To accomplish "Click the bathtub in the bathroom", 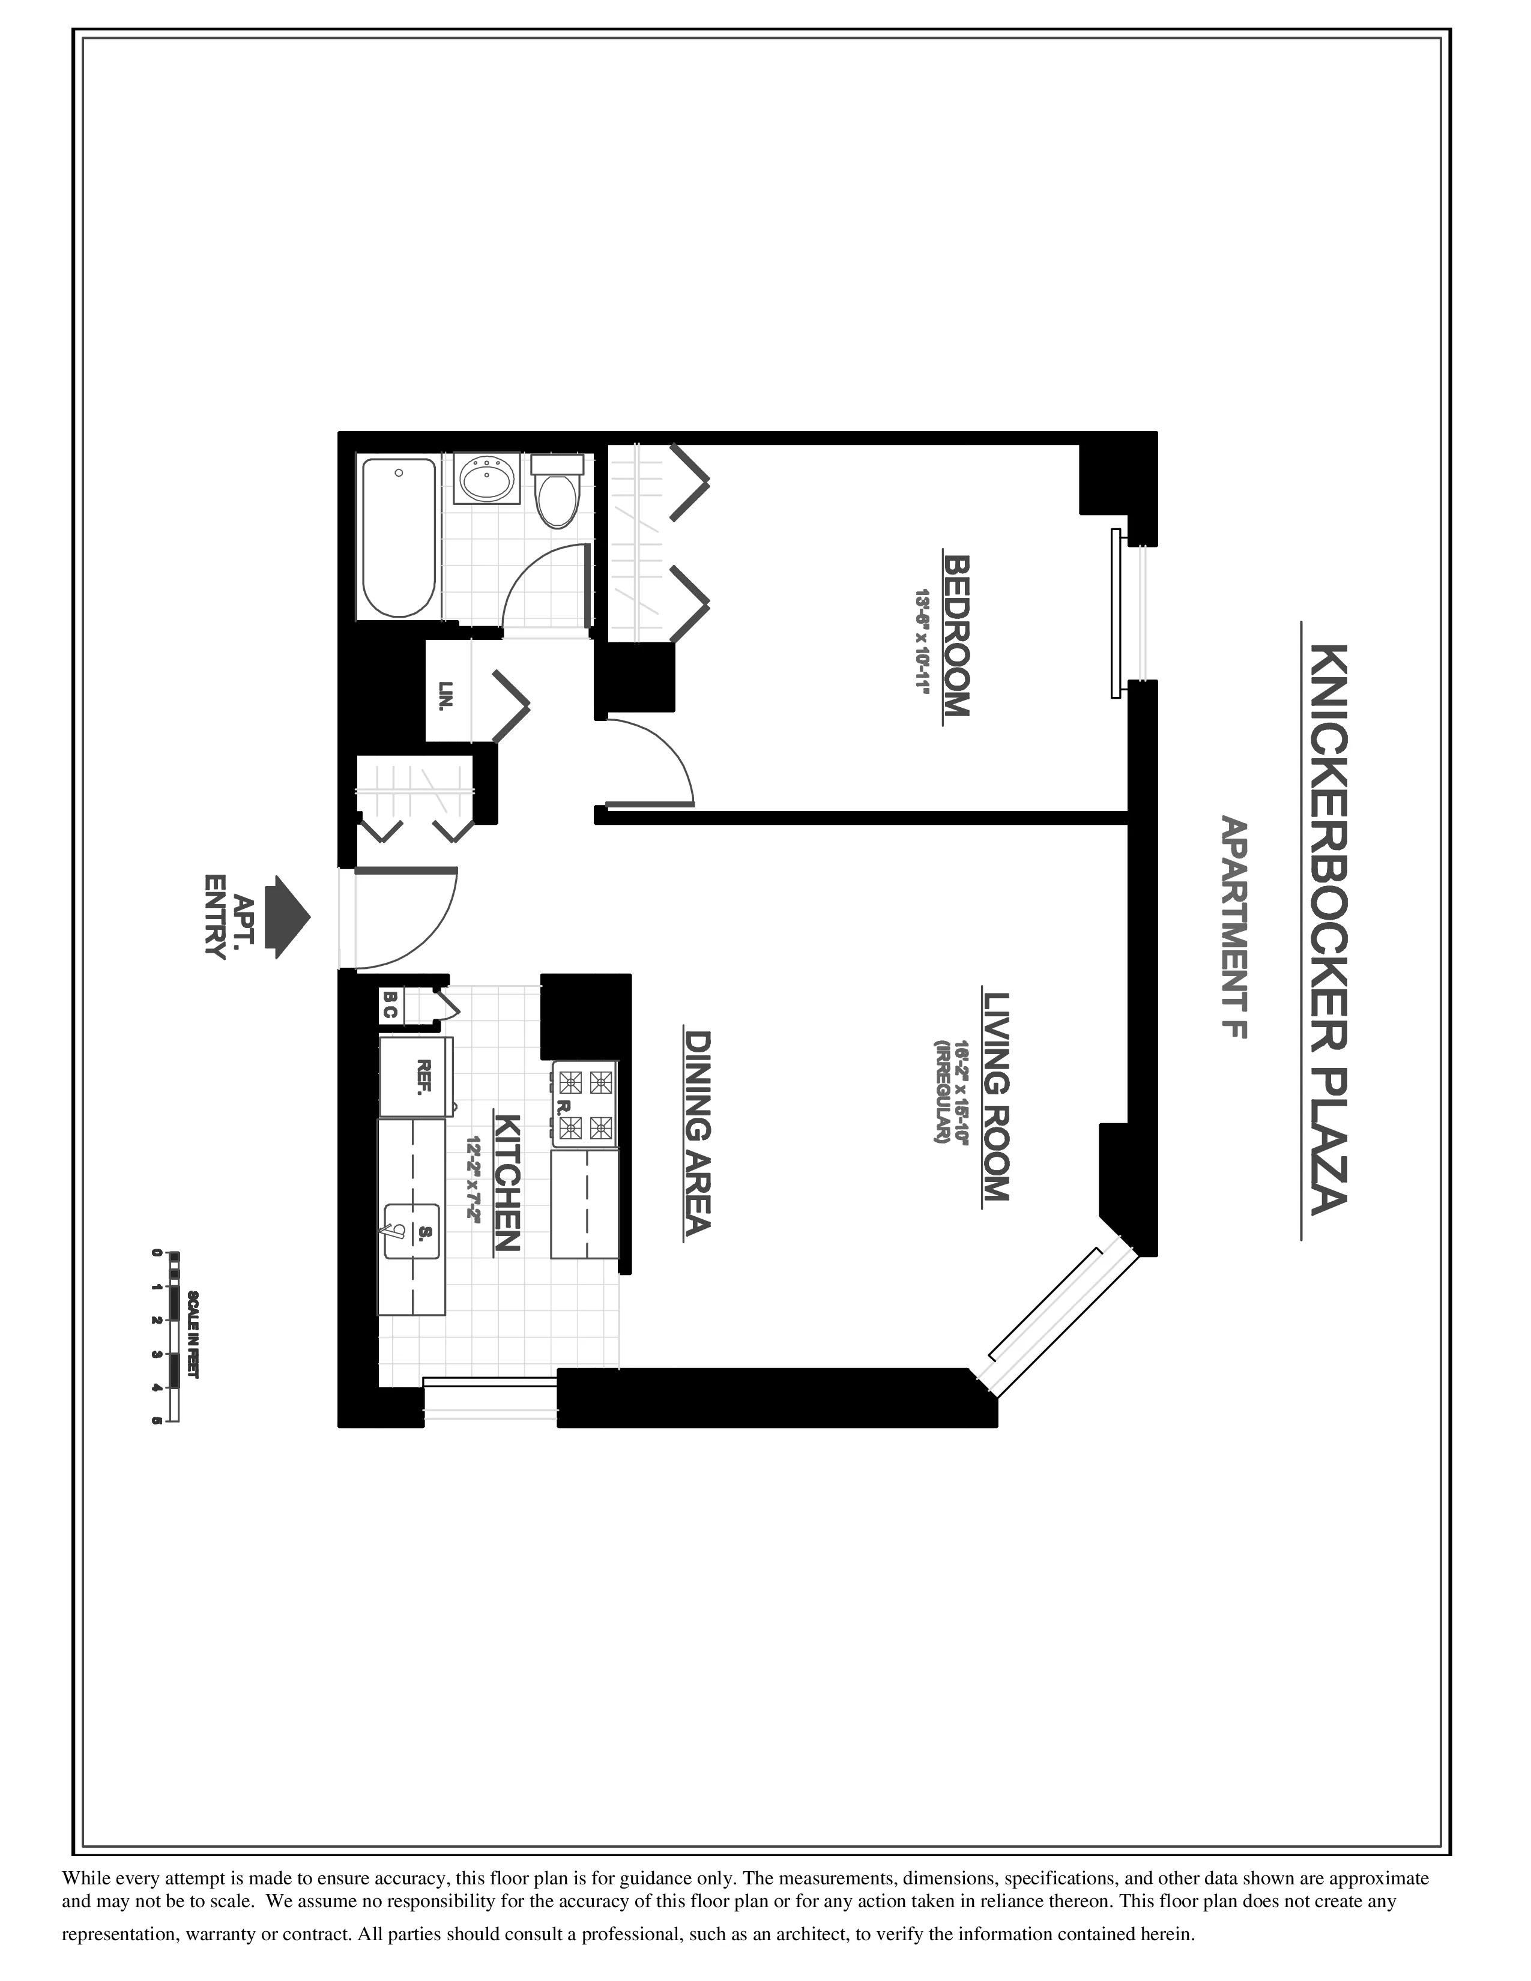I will click(399, 538).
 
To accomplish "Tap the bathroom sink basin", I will click(487, 478).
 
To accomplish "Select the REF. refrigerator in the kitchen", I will click(416, 1078).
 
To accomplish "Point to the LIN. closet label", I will click(445, 696).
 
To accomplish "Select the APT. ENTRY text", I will click(229, 916).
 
